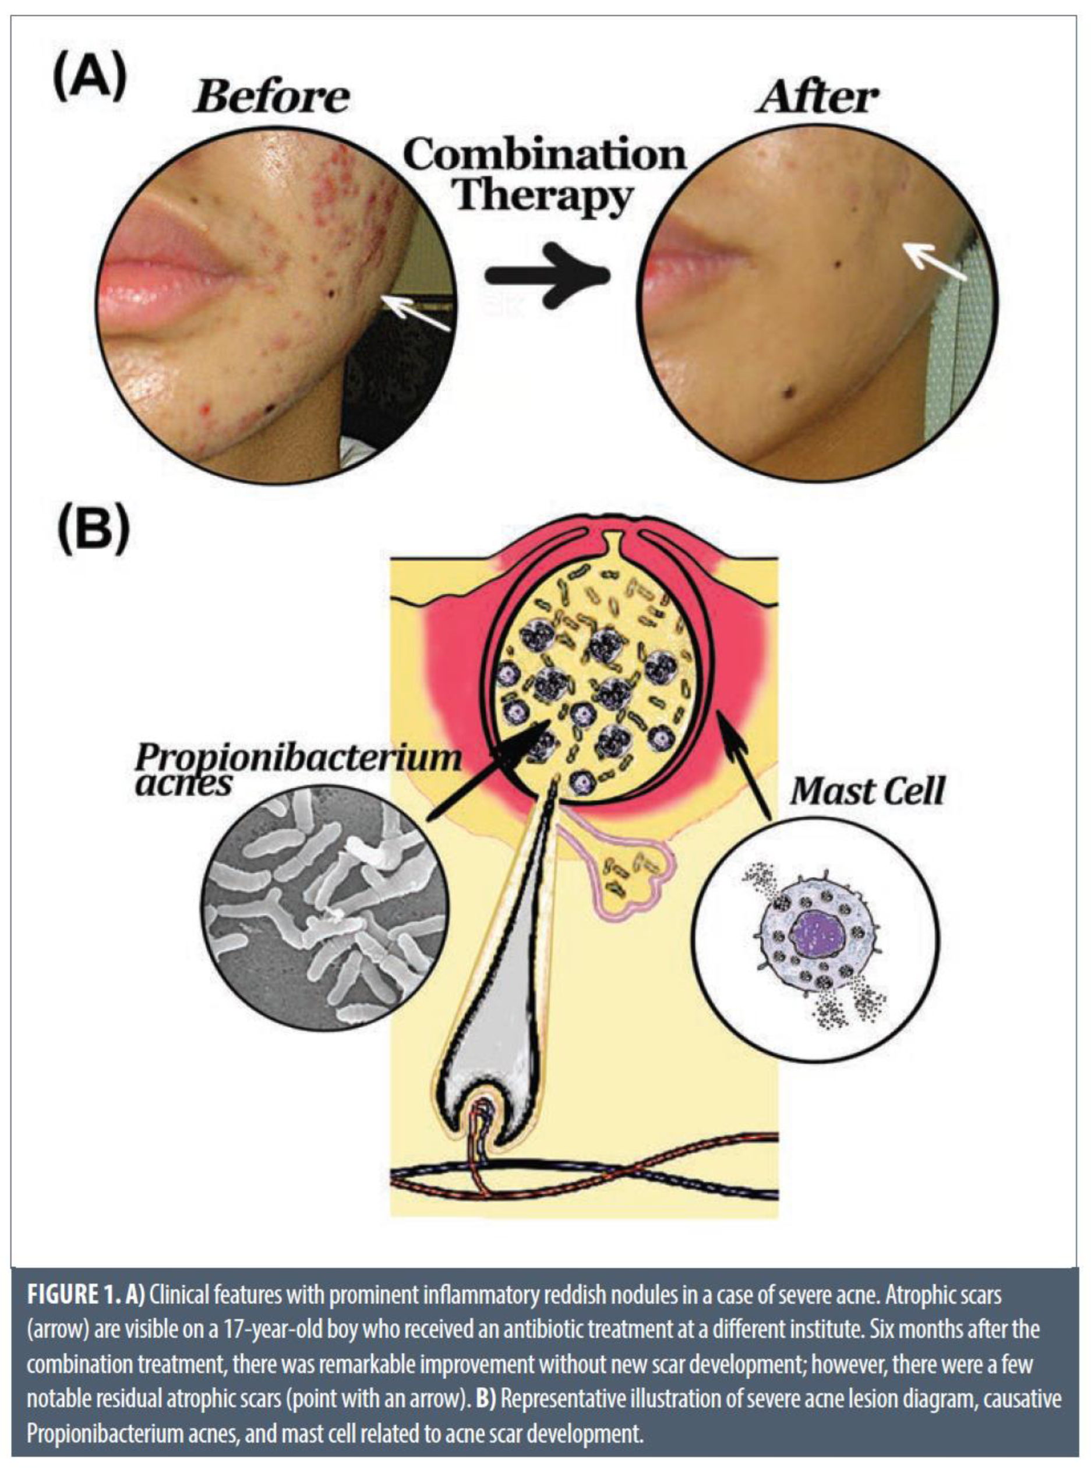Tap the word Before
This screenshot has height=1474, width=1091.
click(x=271, y=98)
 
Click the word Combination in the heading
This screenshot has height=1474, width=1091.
click(x=545, y=155)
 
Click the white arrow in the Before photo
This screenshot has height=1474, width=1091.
click(x=416, y=313)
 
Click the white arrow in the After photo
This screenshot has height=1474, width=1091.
click(x=935, y=261)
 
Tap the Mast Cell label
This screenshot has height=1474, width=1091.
click(x=867, y=791)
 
